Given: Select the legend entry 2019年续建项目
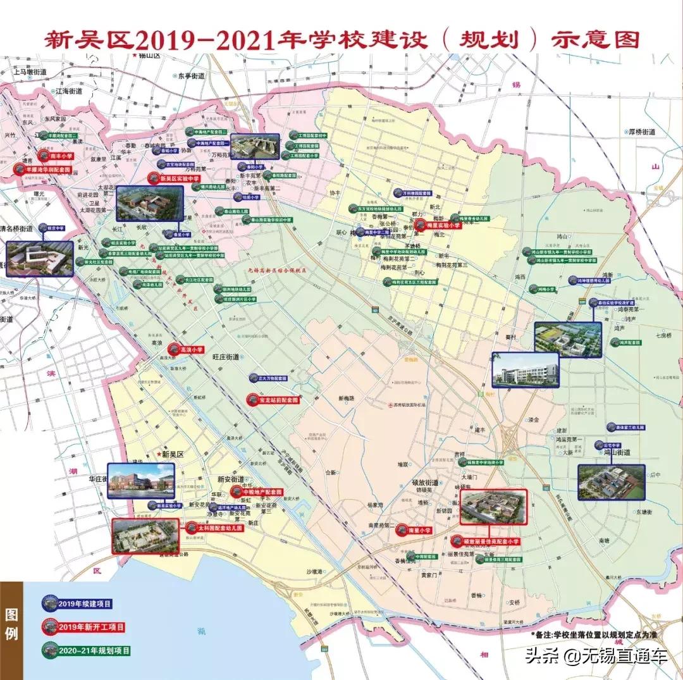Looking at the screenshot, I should coord(83,603).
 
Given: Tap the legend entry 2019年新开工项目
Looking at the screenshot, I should coord(89,627).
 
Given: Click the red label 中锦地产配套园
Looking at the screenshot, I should coord(261,491).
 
